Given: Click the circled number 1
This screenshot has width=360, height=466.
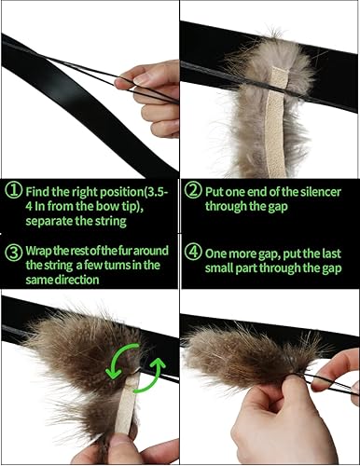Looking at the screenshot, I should [x=12, y=190].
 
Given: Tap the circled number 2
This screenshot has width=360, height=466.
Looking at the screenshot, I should [x=191, y=190].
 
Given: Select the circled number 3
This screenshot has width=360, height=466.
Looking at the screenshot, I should [x=12, y=250].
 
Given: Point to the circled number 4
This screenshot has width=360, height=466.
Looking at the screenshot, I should [x=191, y=250].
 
